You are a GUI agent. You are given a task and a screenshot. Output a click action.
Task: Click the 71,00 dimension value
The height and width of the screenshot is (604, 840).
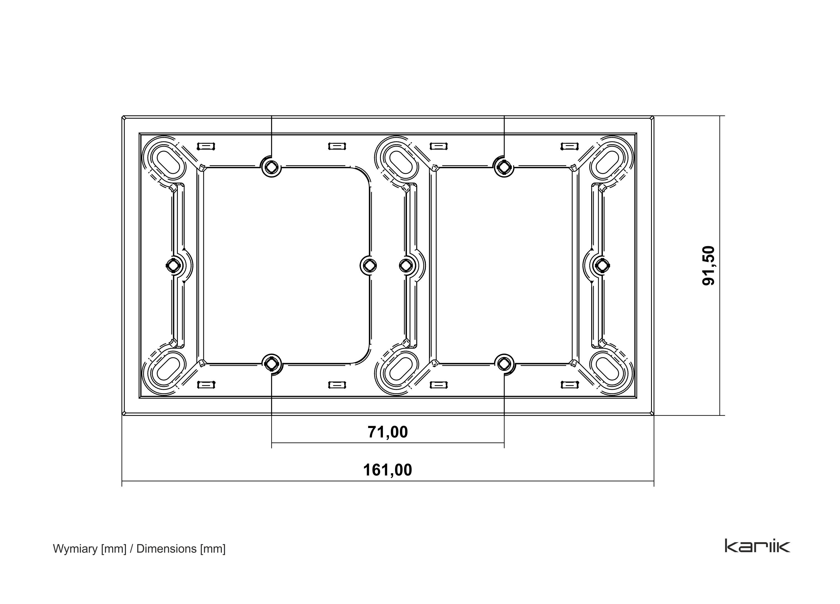[x=388, y=432]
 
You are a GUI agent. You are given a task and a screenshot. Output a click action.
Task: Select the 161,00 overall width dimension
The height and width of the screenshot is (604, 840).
[x=388, y=470]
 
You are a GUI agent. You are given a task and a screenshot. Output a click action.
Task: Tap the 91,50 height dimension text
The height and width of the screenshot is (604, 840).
[x=708, y=265]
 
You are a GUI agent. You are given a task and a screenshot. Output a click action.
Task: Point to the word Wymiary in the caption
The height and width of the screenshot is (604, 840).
[x=75, y=549]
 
